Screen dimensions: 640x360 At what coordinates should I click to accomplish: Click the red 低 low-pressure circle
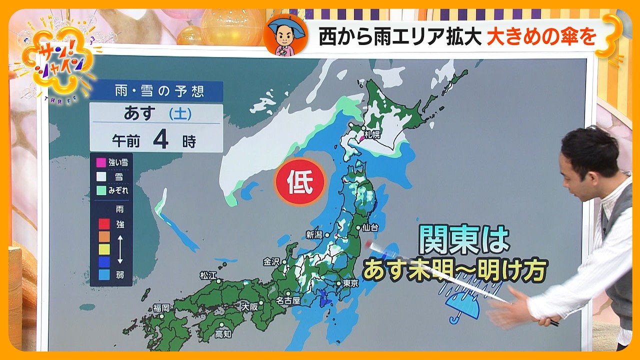[x=300, y=182]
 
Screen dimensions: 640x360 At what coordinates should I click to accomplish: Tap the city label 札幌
[x=372, y=134]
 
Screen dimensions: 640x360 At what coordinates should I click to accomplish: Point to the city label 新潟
[x=313, y=234]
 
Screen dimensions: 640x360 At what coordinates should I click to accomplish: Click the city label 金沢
[x=272, y=261]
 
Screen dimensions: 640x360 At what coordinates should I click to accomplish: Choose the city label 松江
[x=208, y=275]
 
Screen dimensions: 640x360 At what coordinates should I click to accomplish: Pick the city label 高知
[x=223, y=334]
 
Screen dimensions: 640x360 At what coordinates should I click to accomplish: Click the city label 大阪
[x=249, y=306]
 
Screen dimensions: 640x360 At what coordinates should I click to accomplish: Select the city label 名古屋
[x=288, y=300]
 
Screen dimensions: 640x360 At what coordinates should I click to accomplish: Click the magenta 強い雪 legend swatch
[x=101, y=162]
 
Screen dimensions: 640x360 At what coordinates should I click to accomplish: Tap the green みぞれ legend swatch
[x=101, y=190]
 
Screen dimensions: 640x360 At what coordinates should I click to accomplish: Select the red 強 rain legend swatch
[x=104, y=224]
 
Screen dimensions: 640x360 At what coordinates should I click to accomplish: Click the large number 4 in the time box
[x=160, y=139]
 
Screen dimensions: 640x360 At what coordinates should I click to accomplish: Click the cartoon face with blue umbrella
[x=285, y=35]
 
